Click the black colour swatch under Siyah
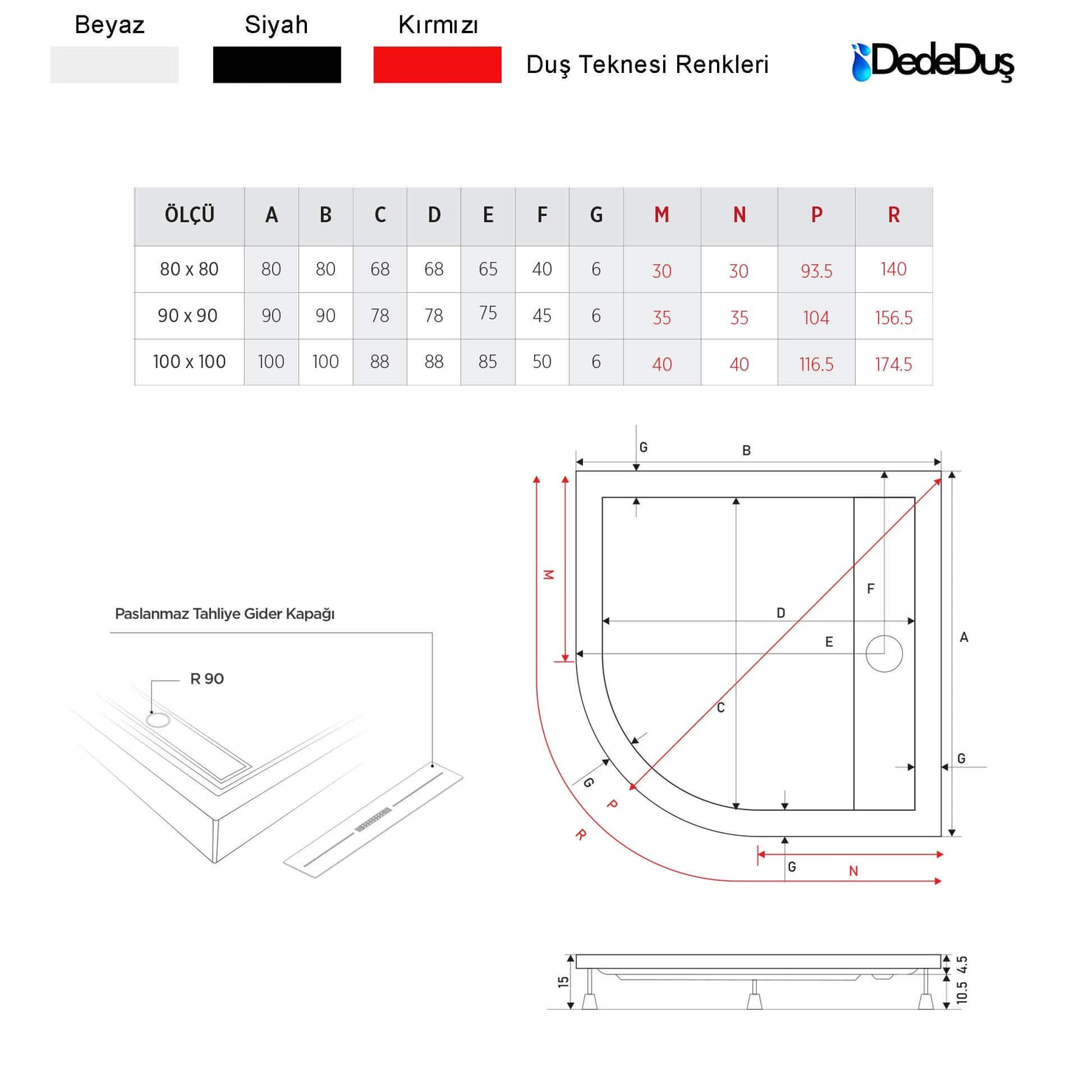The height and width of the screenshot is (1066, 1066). point(277,65)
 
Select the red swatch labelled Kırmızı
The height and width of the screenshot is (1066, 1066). point(437,65)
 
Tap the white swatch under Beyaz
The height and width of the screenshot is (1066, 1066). point(114,65)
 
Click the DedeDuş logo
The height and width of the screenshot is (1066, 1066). point(932,62)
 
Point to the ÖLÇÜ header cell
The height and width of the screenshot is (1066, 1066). point(189,215)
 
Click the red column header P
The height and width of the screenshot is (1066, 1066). point(817,215)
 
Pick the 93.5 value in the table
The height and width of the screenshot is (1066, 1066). point(817,271)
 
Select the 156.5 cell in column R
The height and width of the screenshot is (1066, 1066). point(893,317)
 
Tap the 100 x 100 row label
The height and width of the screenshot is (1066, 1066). point(189,361)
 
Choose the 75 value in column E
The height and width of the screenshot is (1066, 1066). point(488,313)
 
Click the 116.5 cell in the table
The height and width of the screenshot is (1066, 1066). point(817,364)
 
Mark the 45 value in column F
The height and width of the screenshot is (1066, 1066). point(542,315)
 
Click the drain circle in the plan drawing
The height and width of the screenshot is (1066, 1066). point(884,654)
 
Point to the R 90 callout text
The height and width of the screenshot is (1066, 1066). point(207,679)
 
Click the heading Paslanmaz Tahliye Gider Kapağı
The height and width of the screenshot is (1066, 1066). point(224,614)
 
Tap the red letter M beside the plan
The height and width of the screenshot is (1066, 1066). point(548,575)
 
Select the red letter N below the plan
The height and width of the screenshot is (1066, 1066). point(853,871)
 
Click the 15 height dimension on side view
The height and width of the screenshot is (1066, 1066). point(563,982)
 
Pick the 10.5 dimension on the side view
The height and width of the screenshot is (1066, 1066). point(962,992)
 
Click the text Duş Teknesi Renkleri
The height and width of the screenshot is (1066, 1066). point(647,65)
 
